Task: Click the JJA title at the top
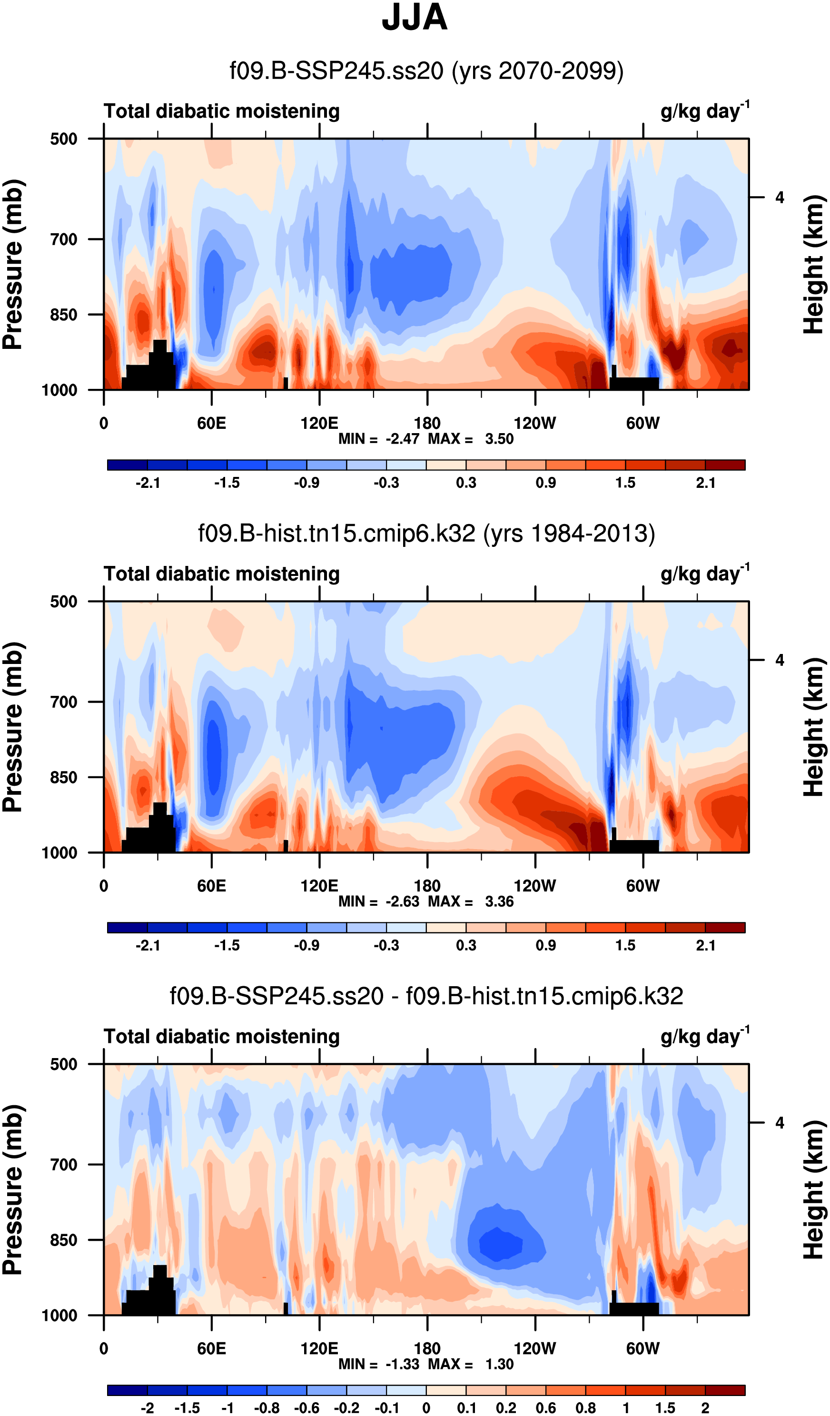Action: (414, 18)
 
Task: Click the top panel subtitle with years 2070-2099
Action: (426, 71)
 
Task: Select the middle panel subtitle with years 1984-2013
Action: (426, 533)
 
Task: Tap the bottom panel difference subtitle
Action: (426, 996)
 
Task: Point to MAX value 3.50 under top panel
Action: (499, 439)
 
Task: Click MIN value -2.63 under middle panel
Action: (402, 901)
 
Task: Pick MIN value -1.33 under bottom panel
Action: (402, 1364)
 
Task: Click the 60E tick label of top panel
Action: (211, 423)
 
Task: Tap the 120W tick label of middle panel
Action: (534, 886)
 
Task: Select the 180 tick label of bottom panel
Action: (427, 1348)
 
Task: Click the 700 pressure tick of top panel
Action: (63, 239)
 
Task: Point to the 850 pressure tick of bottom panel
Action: (63, 1240)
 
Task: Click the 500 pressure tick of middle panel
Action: (63, 602)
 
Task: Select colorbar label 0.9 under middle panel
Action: (546, 945)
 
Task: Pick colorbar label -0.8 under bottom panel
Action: (267, 1407)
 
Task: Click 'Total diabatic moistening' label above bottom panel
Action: (221, 1037)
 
